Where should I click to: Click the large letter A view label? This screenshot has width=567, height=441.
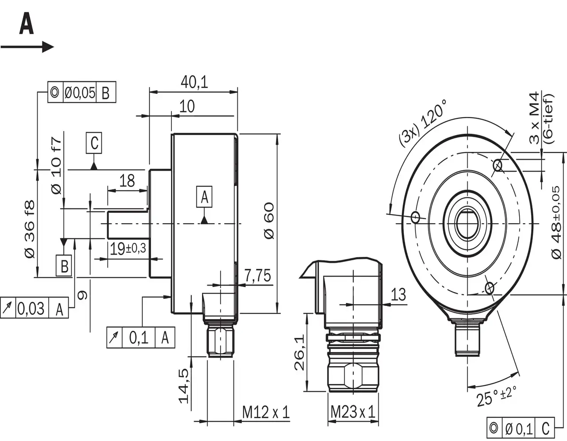[26, 25]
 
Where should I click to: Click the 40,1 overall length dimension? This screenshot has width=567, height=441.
[194, 82]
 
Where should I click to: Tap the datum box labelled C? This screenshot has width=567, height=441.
[93, 143]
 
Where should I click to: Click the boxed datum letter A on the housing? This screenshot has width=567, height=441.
[204, 197]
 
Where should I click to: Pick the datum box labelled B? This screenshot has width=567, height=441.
[65, 267]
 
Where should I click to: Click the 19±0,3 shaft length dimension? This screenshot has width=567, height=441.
[128, 249]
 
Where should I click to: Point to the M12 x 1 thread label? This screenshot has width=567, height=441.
[265, 413]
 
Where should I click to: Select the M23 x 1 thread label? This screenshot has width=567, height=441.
[353, 413]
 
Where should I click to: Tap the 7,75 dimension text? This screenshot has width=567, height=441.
[257, 275]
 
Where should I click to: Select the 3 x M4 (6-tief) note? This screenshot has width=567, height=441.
[541, 118]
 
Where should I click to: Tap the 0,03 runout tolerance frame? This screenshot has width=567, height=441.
[35, 308]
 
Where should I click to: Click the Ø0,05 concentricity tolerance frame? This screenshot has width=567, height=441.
[82, 93]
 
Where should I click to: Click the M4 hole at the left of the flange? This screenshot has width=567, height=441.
[416, 217]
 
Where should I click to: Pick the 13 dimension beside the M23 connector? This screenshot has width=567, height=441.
[399, 294]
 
